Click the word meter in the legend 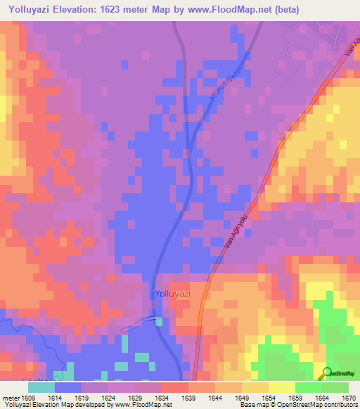(x=10, y=396)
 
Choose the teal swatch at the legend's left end (x=41, y=387)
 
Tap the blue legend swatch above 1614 (x=68, y=387)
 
